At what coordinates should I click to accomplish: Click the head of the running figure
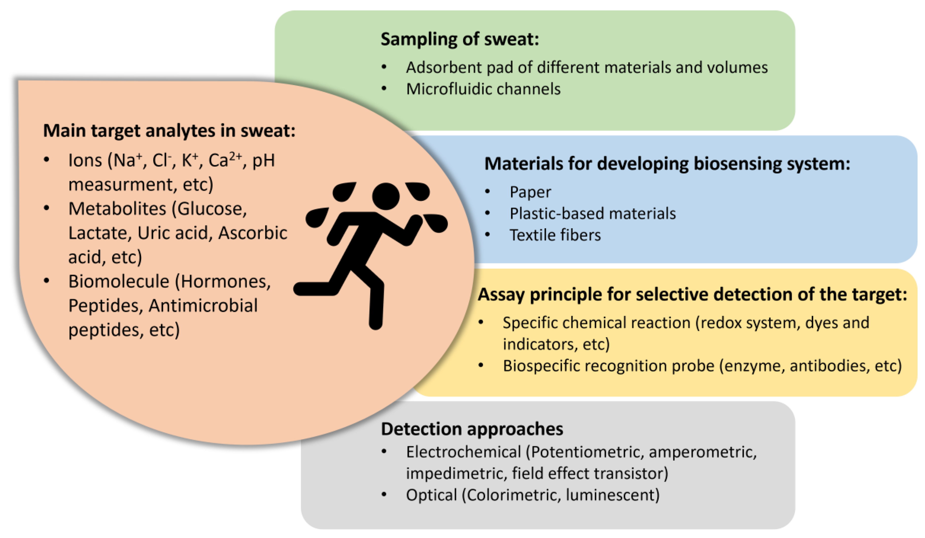pos(386,196)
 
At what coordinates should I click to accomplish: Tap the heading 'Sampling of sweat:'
pos(460,39)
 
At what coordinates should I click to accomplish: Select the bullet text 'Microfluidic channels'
pos(483,89)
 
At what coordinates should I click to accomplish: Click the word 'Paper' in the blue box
pos(530,192)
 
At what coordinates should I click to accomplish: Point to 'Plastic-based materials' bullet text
pos(592,213)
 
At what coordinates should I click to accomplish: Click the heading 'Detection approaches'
pos(472,429)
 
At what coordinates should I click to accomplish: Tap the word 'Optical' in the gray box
pos(431,495)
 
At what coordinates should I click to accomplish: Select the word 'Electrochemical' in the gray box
pos(463,452)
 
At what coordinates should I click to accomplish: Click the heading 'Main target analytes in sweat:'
pos(169,131)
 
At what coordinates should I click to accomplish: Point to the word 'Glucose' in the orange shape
pos(212,209)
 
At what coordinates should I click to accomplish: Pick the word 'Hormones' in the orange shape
pos(225,281)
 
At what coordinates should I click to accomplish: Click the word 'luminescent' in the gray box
pos(612,495)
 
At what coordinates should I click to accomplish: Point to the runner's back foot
pos(305,289)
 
